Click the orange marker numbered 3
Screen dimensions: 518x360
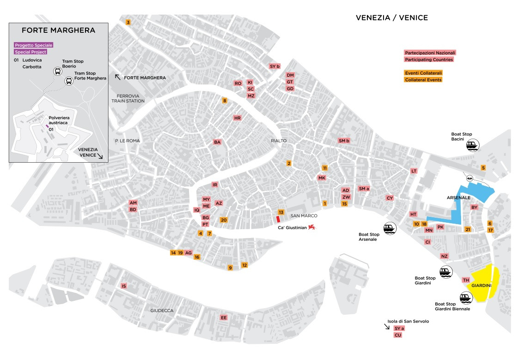tap(128, 22)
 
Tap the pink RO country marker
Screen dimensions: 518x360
tap(238, 83)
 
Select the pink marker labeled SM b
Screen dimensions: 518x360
tap(344, 140)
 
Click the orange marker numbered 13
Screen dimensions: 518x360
tap(280, 212)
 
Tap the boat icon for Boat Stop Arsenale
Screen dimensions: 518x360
tap(390, 228)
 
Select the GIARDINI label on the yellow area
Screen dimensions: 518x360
tap(481, 286)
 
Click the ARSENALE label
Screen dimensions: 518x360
tap(458, 197)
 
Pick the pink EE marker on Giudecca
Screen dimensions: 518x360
tap(224, 317)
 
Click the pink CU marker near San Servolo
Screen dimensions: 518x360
tap(397, 335)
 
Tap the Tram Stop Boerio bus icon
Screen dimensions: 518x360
tap(58, 72)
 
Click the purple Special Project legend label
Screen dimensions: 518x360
tap(30, 52)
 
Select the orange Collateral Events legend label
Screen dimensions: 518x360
tap(423, 79)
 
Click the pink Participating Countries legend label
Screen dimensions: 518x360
tap(429, 59)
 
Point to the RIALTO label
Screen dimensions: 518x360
tap(279, 140)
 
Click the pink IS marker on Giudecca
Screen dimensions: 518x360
tap(123, 286)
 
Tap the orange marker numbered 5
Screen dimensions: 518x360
tap(483, 168)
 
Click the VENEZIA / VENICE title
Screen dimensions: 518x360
tap(391, 18)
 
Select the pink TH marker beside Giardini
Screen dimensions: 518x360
tap(466, 280)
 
